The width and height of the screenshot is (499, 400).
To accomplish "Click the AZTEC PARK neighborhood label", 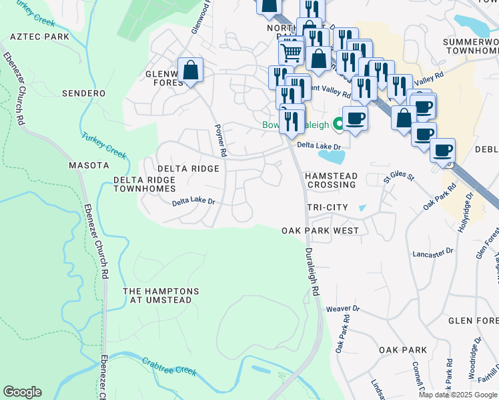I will [40, 36].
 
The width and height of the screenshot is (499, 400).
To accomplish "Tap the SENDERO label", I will [83, 93].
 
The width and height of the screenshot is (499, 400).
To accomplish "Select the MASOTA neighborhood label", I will [89, 165].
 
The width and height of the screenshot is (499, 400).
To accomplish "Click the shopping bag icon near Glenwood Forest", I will [190, 70].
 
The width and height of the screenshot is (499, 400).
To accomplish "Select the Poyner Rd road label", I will [220, 141].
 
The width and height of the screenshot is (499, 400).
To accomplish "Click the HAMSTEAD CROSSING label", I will [331, 179].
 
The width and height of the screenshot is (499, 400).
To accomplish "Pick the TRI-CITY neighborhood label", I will [328, 207].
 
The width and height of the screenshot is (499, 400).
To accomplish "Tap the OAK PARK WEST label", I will [320, 231].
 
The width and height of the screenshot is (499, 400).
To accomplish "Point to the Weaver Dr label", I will [343, 309].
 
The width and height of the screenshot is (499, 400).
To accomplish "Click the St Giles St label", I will [399, 178].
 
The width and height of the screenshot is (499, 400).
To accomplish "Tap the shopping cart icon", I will [290, 50].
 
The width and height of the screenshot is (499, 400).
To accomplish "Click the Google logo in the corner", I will [22, 392].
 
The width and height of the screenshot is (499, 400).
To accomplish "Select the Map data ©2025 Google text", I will [458, 395].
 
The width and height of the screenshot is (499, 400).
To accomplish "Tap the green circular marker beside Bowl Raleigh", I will [338, 123].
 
